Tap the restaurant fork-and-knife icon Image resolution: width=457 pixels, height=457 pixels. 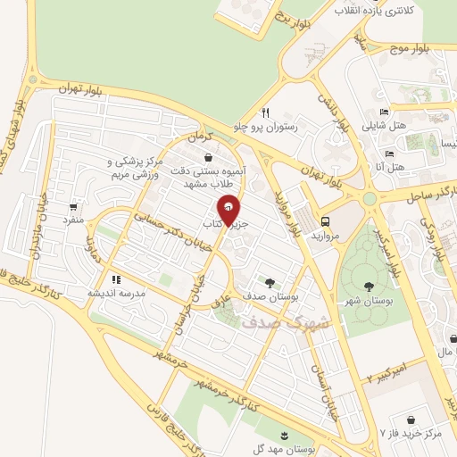pyautogui.click(x=265, y=113)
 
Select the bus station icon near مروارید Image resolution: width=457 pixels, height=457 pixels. pyautogui.click(x=325, y=221)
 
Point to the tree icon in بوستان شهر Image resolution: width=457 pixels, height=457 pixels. pyautogui.click(x=369, y=287)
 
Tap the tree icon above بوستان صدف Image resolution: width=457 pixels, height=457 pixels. pyautogui.click(x=270, y=280)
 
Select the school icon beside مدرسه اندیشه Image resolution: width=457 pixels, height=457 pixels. pyautogui.click(x=115, y=279)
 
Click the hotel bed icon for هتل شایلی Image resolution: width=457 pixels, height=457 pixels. pyautogui.click(x=384, y=112)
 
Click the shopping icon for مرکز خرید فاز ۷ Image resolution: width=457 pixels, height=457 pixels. pyautogui.click(x=411, y=419)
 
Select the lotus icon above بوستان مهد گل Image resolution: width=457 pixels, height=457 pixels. pyautogui.click(x=285, y=435)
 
